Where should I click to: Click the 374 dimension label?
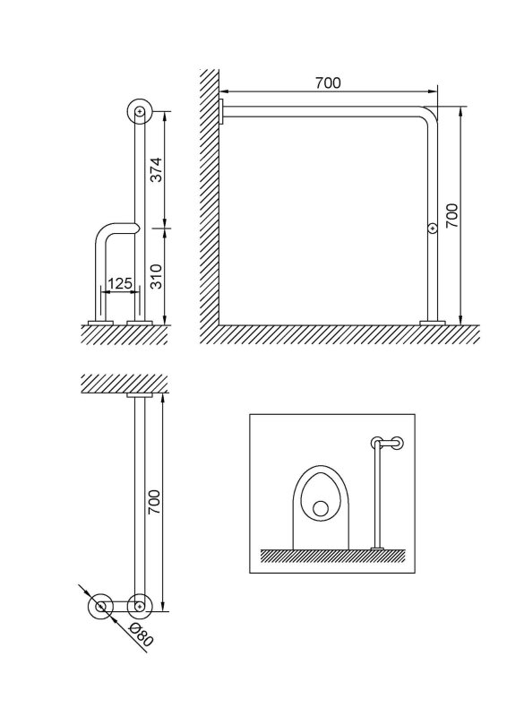coord(157,169)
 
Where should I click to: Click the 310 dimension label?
coord(157,276)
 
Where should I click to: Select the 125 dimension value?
coord(120,283)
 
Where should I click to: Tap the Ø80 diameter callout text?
coord(141,635)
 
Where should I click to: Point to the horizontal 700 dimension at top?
coord(328,82)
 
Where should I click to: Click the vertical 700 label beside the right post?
coord(451,216)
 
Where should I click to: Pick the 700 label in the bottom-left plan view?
coord(154,502)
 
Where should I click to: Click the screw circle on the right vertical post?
coord(432,228)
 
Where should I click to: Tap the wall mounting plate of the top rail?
coord(221,113)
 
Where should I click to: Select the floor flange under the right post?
coord(433,323)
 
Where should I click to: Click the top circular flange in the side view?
coord(140,111)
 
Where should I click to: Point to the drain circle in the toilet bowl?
coord(321,509)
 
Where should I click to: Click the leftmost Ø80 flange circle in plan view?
coord(100,607)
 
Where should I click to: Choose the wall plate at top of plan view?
coord(140,395)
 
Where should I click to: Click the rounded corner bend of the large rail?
coord(431,114)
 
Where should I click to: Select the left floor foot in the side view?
coord(100,323)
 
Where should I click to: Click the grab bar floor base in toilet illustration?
coord(377,548)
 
